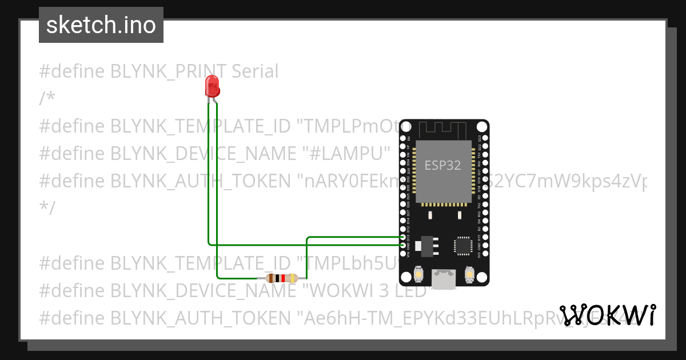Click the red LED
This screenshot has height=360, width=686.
coord(212,86)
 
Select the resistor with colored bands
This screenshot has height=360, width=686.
coord(282,278)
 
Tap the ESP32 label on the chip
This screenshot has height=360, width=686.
coord(442,165)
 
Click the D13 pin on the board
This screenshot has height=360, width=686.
coord(403,237)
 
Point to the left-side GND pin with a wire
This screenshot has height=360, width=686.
coord(403,245)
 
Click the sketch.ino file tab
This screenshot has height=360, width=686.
coord(101,25)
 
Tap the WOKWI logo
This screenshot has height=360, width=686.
coord(608,315)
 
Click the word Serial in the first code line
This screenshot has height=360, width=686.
coord(255,71)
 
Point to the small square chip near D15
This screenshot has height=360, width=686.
coord(462,245)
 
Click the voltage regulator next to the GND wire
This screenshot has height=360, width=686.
coord(426,245)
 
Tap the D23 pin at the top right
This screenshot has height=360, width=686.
coord(485,138)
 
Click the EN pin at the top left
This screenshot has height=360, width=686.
coord(403,138)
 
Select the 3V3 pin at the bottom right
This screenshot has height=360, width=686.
coord(485,253)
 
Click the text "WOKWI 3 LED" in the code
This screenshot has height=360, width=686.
coord(369,290)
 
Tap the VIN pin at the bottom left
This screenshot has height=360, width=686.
coord(403,253)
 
